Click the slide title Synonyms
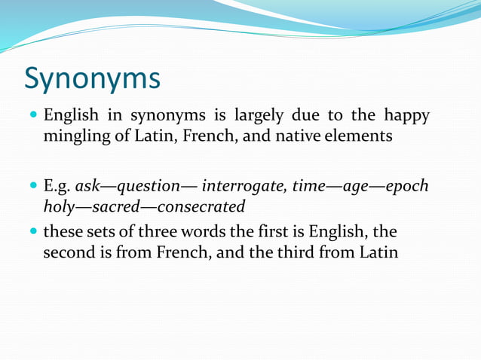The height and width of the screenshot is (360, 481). [92, 78]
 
